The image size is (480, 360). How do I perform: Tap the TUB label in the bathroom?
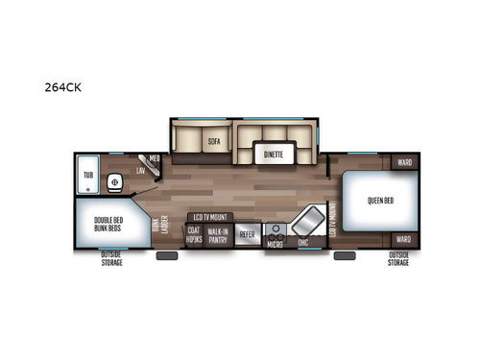pyautogui.click(x=88, y=176)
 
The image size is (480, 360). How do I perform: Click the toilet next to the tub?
pyautogui.click(x=114, y=180)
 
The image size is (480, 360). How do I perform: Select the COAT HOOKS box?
pyautogui.click(x=195, y=234)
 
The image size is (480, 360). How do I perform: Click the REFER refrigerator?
pyautogui.click(x=247, y=234)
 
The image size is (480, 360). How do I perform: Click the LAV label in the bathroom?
pyautogui.click(x=140, y=170)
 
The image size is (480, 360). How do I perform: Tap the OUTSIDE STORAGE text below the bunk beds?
pyautogui.click(x=111, y=259)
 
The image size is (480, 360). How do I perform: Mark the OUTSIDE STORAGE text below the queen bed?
pyautogui.click(x=398, y=259)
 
